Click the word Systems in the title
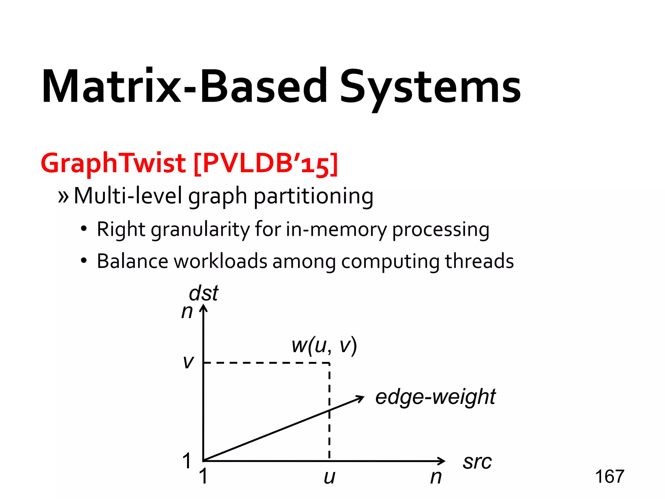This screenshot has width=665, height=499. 430,87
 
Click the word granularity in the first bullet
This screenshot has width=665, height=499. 200,230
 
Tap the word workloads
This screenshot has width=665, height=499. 220,261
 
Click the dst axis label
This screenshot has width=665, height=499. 204,293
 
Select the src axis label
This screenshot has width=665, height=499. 477,462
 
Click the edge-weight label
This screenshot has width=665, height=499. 435,397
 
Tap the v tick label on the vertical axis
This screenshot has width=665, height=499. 188,362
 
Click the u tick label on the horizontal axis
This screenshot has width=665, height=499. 329,477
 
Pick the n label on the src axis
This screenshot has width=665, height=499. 436,477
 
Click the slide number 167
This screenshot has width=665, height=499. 609,477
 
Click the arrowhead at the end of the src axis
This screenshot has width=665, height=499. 442,461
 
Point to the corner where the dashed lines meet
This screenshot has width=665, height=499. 329,363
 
